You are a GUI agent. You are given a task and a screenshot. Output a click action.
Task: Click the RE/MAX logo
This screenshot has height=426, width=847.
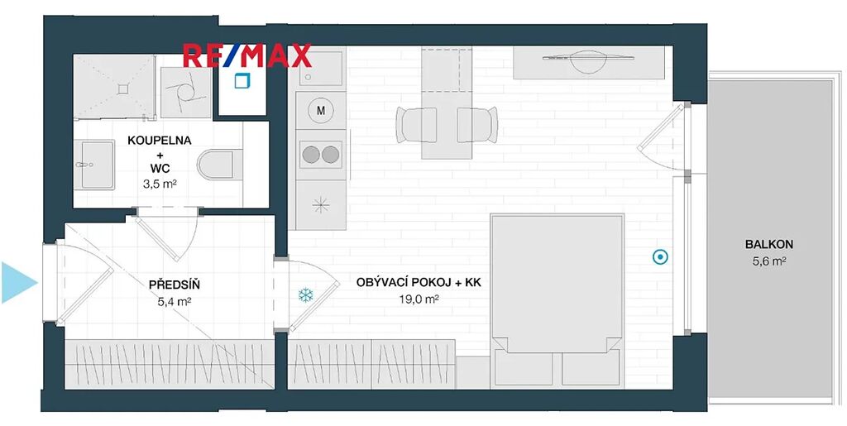pyautogui.click(x=247, y=55)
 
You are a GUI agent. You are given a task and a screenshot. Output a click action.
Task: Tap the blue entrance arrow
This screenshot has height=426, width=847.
pyautogui.click(x=19, y=282)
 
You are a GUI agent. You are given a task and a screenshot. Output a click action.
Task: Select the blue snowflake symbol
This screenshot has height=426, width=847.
pyautogui.click(x=306, y=295)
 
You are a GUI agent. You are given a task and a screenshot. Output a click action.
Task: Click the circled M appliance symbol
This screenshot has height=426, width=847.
pyautogui.click(x=321, y=111)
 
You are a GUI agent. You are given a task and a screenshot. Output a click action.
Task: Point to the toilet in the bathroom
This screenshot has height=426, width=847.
pyautogui.click(x=216, y=165)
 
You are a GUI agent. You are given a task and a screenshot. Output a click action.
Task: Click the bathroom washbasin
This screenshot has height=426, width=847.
pyautogui.click(x=94, y=165)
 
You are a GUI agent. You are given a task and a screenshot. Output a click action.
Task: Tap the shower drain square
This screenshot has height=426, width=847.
pyautogui.click(x=124, y=88)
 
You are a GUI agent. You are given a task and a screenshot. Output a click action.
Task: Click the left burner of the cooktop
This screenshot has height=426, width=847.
pyautogui.click(x=311, y=155)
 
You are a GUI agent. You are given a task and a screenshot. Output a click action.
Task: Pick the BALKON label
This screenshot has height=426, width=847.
pyautogui.click(x=769, y=244)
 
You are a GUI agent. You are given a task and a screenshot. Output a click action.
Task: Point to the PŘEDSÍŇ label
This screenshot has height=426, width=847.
pyautogui.click(x=175, y=285)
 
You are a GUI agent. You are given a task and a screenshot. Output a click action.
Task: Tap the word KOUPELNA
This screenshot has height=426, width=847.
pyautogui.click(x=160, y=141)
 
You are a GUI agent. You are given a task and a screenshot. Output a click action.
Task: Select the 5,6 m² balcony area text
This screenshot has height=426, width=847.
pyautogui.click(x=769, y=262)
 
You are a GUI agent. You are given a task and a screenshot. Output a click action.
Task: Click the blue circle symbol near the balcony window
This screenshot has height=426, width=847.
pyautogui.click(x=660, y=257)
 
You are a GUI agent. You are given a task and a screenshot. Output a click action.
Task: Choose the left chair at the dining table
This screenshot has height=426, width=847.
pyautogui.click(x=417, y=125)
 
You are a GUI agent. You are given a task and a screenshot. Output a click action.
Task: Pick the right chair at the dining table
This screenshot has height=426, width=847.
pyautogui.click(x=477, y=125)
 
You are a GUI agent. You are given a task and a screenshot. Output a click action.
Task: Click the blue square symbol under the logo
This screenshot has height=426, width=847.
pyautogui.click(x=242, y=80)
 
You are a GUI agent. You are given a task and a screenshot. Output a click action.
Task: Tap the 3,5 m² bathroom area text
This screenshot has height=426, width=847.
pyautogui.click(x=160, y=184)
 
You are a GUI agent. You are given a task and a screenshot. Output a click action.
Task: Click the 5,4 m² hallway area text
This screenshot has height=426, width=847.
pyautogui.click(x=175, y=302)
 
